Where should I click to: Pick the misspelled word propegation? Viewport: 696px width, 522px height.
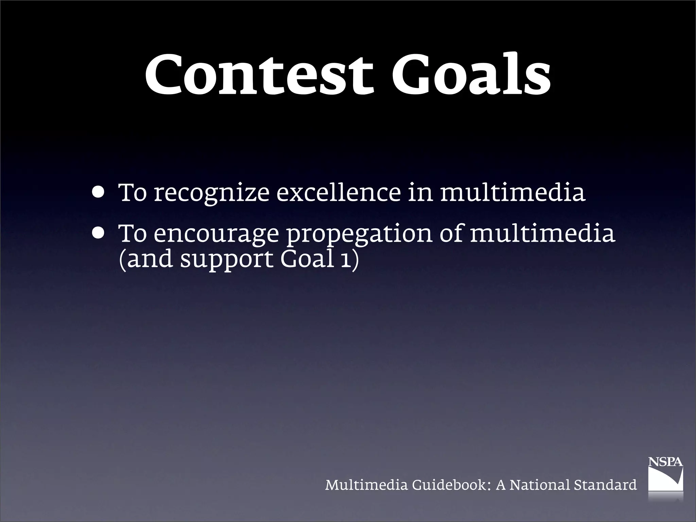(360, 234)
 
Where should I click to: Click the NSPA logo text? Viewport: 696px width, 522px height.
(665, 462)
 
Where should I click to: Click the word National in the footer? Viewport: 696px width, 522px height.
(539, 485)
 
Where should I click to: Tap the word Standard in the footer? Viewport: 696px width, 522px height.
(605, 485)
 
